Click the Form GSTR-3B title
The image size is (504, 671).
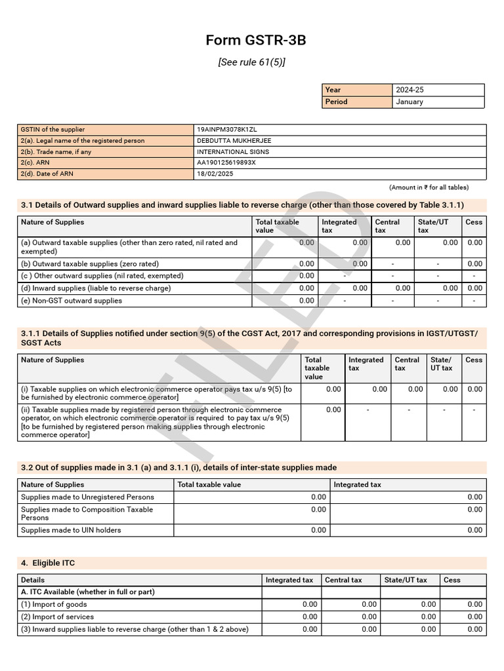tap(255, 41)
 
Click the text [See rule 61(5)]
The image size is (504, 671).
tap(252, 62)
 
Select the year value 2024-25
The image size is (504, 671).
tap(410, 90)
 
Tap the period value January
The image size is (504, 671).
tap(409, 102)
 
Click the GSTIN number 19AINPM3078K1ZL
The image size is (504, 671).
tap(227, 130)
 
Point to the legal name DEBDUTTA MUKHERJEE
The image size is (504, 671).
tap(234, 141)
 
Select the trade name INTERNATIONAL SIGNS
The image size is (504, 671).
tap(233, 152)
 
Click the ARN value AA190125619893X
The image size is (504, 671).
tap(226, 163)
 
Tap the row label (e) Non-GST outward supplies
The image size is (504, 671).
tap(71, 301)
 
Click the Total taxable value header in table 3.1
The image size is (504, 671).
tap(277, 226)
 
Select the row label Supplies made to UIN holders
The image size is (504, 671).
tap(71, 530)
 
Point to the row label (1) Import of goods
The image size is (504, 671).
tap(54, 604)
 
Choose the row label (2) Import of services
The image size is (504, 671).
tap(57, 617)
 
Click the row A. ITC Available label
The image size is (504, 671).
tap(88, 592)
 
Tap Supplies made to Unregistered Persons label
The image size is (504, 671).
tap(87, 497)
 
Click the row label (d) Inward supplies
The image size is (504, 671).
tap(96, 288)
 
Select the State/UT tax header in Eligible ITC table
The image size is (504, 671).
tap(406, 580)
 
